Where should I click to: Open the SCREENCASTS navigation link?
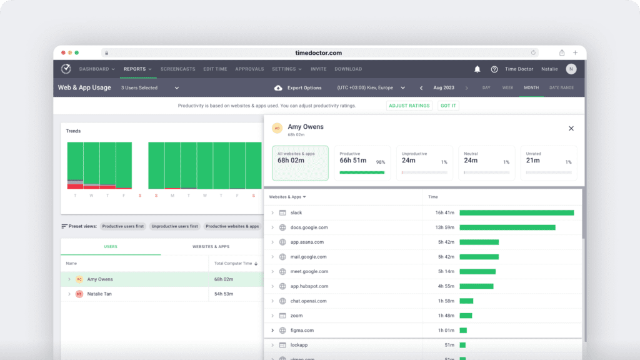click(177, 69)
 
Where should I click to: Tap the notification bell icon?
click(477, 69)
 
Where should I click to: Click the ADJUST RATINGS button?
click(409, 106)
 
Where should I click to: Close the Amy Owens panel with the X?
click(571, 129)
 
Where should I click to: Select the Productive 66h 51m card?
click(362, 163)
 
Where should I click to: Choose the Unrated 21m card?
click(549, 163)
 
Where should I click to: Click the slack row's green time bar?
click(516, 213)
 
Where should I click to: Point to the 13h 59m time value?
click(444, 227)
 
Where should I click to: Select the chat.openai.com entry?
click(308, 301)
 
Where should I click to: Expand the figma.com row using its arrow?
click(272, 331)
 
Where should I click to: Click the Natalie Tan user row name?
click(99, 294)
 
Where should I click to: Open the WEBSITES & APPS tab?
click(211, 247)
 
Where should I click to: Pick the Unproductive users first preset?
click(174, 226)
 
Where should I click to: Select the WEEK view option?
click(507, 87)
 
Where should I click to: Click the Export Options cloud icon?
click(278, 88)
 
